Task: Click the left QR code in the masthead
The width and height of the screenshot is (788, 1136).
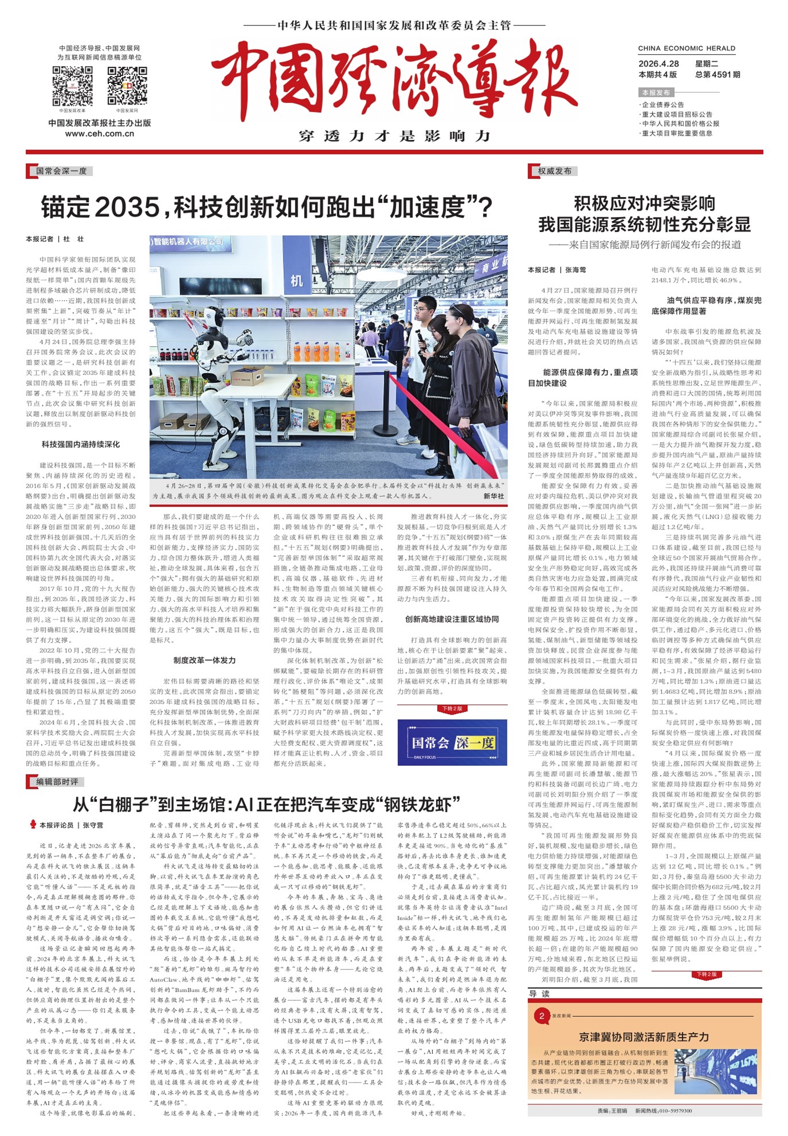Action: click(72, 86)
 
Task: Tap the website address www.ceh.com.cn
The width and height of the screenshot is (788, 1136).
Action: click(99, 134)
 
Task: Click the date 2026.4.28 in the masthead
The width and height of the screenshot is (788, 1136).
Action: click(658, 63)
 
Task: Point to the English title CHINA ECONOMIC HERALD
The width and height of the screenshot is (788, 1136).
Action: click(686, 48)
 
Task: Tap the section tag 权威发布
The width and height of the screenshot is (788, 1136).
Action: click(554, 171)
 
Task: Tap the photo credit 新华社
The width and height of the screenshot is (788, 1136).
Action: click(493, 496)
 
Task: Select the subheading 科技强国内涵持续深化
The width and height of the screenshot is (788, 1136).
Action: click(80, 444)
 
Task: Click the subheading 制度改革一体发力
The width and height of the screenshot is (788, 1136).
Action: click(204, 660)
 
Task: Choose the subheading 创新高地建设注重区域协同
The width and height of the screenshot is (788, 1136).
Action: click(452, 619)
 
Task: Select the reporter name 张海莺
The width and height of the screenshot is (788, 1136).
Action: click(576, 270)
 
